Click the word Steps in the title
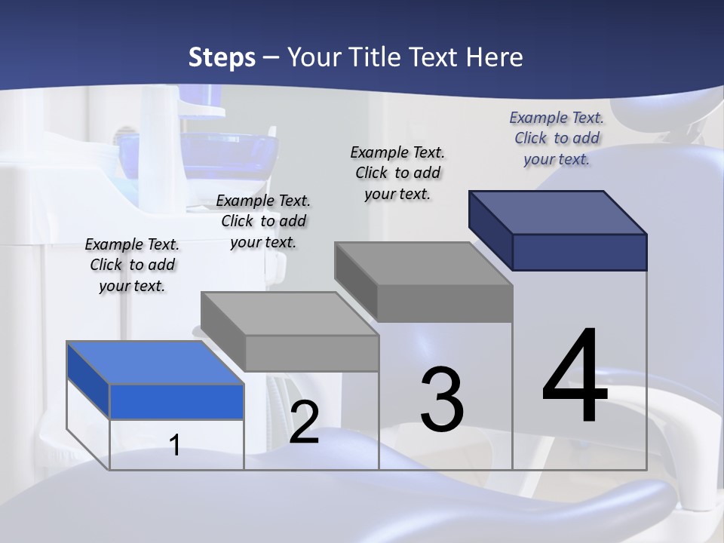click(222, 57)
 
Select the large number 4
click(575, 377)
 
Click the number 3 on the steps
click(442, 400)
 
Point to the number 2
click(304, 422)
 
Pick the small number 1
click(175, 445)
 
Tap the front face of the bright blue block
click(176, 401)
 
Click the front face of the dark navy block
click(579, 252)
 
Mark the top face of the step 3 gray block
click(423, 264)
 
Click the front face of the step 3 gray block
click(445, 303)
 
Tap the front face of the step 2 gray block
click(311, 353)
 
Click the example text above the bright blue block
click(132, 265)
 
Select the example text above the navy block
click(557, 138)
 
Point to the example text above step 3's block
click(397, 173)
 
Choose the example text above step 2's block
click(263, 221)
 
